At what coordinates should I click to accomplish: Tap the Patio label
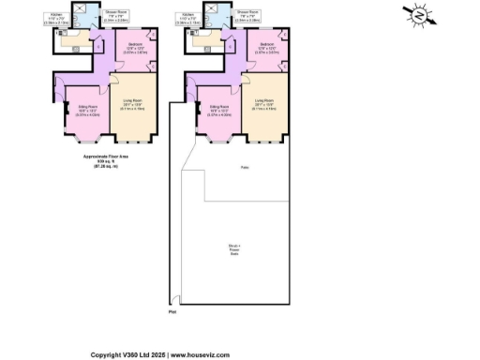231,168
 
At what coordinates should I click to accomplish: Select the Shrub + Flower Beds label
233,249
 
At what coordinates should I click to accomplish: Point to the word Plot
172,313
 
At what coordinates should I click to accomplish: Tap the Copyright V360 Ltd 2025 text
125,355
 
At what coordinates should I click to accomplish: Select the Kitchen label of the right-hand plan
188,15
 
